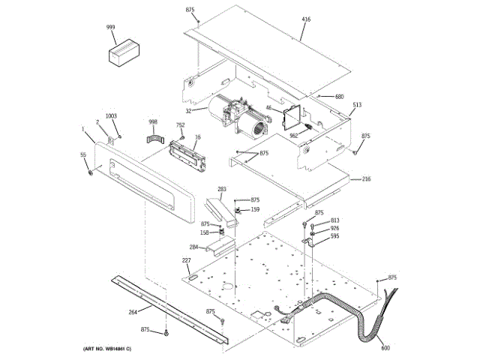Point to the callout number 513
coord(357,105)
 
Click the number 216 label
coord(366,179)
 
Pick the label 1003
coord(111,115)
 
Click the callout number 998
coord(153,121)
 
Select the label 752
coord(180,125)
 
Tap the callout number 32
coord(190,111)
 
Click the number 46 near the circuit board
coord(269,108)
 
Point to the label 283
coord(222,189)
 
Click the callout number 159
coord(255,209)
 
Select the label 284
coord(193,247)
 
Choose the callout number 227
coord(186,260)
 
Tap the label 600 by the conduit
coord(385,347)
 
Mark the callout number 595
coord(334,236)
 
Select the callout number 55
coord(83,154)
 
